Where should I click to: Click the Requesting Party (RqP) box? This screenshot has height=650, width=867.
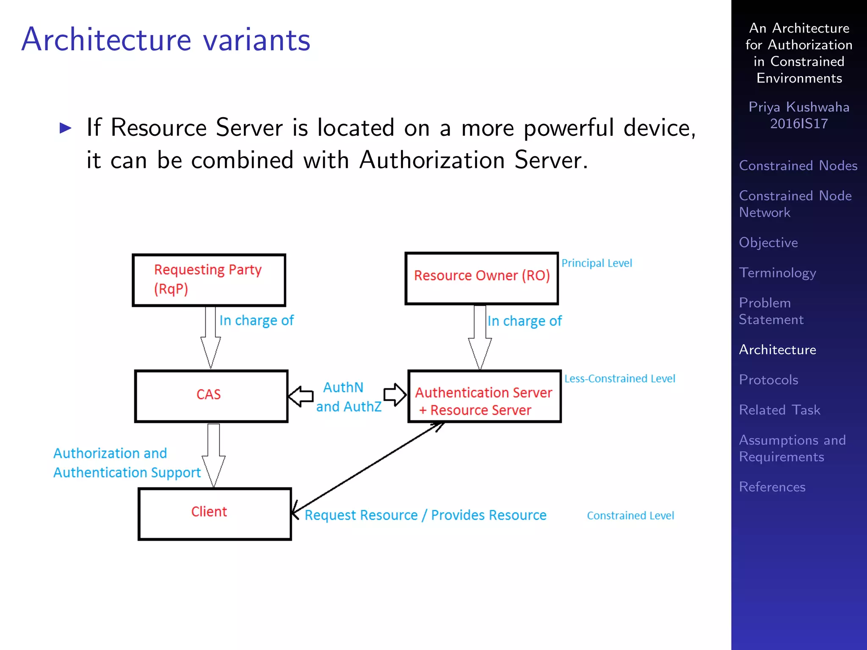coord(209,280)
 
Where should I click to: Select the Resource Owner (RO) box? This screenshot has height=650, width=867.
coord(481,278)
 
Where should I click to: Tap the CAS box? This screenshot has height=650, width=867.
coord(211,396)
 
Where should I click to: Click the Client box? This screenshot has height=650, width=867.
coord(214,513)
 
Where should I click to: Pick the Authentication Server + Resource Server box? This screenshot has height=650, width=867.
coord(484,396)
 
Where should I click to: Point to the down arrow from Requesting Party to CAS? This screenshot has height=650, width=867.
coord(210,336)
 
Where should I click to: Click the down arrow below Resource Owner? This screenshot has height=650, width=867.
coord(480,337)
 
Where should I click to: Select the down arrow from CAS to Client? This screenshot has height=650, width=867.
coord(213,455)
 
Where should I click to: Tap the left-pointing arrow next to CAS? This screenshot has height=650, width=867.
coord(301,396)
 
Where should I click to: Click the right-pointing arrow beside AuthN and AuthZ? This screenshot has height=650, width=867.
coord(395,395)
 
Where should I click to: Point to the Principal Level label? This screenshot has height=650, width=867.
coord(596,263)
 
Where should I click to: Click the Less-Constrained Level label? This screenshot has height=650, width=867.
coord(619,378)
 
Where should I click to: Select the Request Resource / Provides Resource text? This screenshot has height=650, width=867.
coord(425,515)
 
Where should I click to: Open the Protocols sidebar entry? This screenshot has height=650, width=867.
coord(768,380)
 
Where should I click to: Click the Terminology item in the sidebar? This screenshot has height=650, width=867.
coord(777,273)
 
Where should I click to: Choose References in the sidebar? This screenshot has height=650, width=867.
coord(772,487)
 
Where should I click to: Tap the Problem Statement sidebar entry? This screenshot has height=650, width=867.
coord(770,311)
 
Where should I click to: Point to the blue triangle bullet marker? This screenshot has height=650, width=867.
coord(65,128)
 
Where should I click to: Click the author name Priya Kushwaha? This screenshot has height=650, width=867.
coord(798,107)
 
